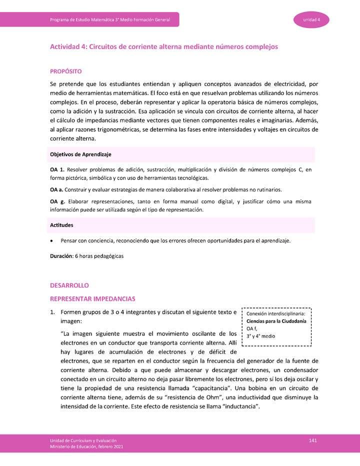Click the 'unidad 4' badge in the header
pyautogui.click(x=315, y=19)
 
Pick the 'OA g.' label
pyautogui.click(x=57, y=201)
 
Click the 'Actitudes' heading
pyautogui.click(x=62, y=225)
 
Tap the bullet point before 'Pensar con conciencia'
pyautogui.click(x=52, y=241)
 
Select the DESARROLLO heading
pyautogui.click(x=69, y=285)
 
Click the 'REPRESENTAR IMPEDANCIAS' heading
pyautogui.click(x=92, y=299)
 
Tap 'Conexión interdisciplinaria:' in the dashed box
pyautogui.click(x=276, y=313)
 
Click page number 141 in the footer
pyautogui.click(x=313, y=440)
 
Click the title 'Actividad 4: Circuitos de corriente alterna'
pyautogui.click(x=163, y=46)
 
